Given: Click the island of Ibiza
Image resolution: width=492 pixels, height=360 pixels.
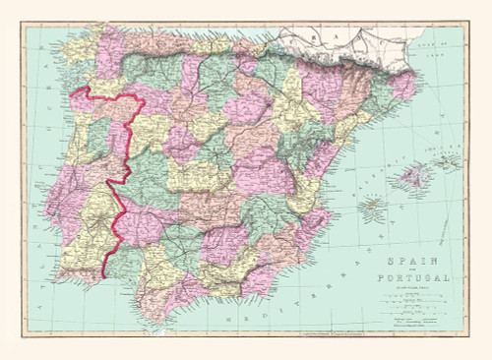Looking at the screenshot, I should (x=372, y=209).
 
